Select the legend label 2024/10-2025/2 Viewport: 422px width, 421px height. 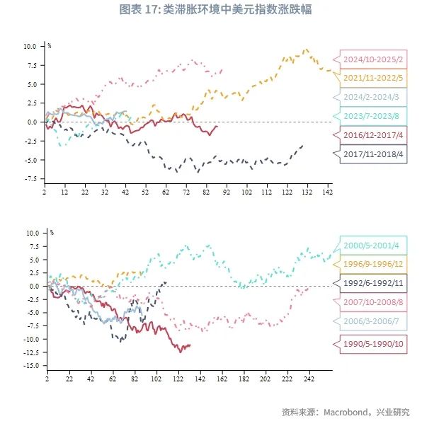click(x=373, y=59)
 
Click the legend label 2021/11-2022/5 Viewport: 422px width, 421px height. click(x=373, y=78)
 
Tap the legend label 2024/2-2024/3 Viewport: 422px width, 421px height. click(x=373, y=97)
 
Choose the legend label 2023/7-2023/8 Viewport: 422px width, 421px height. click(x=373, y=116)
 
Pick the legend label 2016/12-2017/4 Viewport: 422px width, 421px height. click(x=373, y=134)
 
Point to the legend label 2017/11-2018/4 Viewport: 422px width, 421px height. click(x=373, y=153)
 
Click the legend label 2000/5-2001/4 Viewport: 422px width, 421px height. click(x=373, y=246)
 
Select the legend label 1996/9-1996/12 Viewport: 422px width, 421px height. click(x=373, y=265)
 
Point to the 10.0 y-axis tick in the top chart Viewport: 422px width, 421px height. click(x=29, y=46)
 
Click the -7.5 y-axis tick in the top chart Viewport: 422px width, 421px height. click(x=29, y=179)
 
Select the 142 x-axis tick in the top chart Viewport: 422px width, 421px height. click(x=327, y=192)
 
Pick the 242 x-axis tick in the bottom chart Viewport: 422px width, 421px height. click(x=309, y=379)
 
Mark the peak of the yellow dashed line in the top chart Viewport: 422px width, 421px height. click(x=306, y=50)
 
